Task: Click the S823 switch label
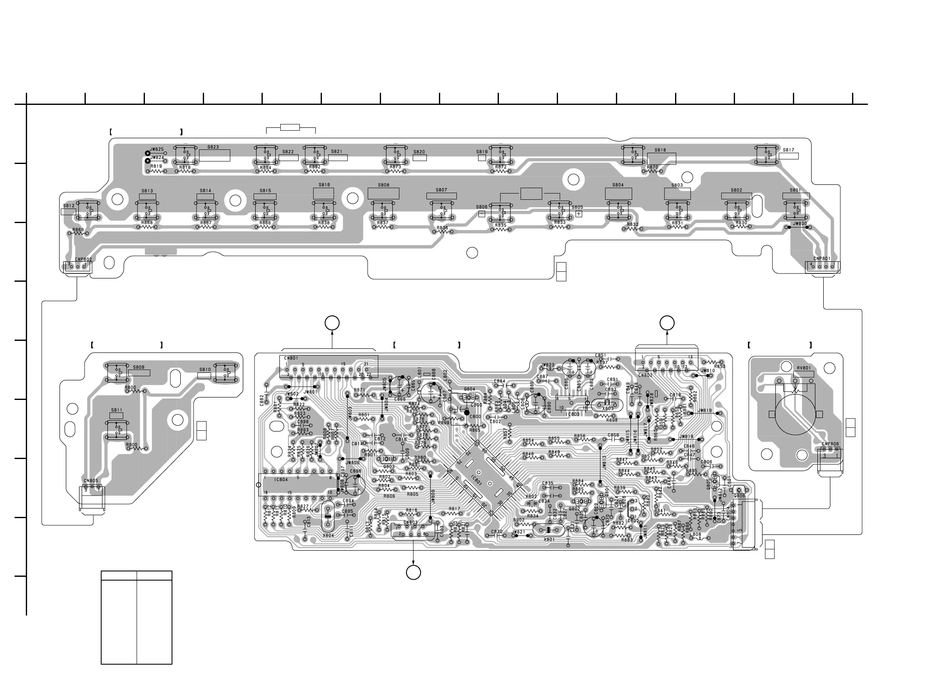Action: pyautogui.click(x=213, y=147)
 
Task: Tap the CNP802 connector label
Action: pyautogui.click(x=83, y=259)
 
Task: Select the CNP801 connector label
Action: pyautogui.click(x=822, y=258)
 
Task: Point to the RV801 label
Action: pyautogui.click(x=803, y=368)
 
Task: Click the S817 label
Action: pyautogui.click(x=788, y=150)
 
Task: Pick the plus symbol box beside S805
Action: pyautogui.click(x=578, y=214)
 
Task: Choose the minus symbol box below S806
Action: pyautogui.click(x=481, y=214)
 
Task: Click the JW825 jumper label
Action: pyautogui.click(x=157, y=149)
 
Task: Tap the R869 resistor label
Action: pyautogui.click(x=78, y=230)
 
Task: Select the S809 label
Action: pyautogui.click(x=139, y=367)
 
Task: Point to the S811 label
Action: pyautogui.click(x=117, y=410)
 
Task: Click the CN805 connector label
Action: pyautogui.click(x=91, y=481)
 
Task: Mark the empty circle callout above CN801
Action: pyautogui.click(x=332, y=323)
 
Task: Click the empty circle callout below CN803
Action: pyautogui.click(x=414, y=573)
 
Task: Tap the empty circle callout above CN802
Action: pyautogui.click(x=667, y=323)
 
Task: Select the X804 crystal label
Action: pyautogui.click(x=328, y=535)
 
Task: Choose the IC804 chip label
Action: pyautogui.click(x=281, y=479)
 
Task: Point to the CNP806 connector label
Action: pyautogui.click(x=830, y=444)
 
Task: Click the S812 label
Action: pyautogui.click(x=69, y=206)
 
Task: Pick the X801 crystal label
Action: pyautogui.click(x=549, y=539)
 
